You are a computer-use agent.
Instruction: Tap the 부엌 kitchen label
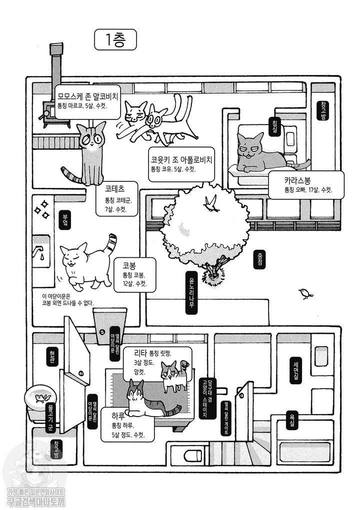(63, 219)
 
